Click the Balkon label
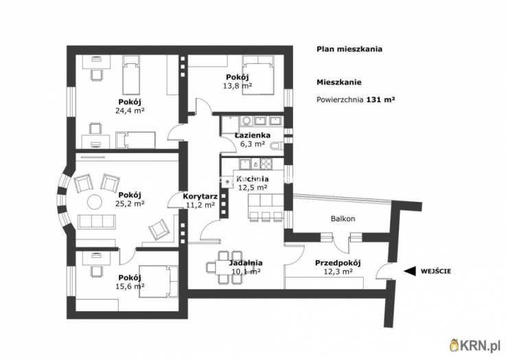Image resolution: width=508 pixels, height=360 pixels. click(x=343, y=218)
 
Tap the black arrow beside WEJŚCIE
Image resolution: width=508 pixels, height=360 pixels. click(x=410, y=271)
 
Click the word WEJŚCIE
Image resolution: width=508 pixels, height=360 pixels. click(x=435, y=271)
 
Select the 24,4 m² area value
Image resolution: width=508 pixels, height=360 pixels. click(x=130, y=111)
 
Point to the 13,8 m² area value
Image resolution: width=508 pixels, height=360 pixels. click(x=238, y=86)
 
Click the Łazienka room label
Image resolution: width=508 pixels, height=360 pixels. click(x=253, y=135)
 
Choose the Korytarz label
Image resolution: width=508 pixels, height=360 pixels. click(x=200, y=196)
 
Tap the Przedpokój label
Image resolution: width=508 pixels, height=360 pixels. click(x=338, y=263)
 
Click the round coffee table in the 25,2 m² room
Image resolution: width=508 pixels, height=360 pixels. click(x=95, y=202)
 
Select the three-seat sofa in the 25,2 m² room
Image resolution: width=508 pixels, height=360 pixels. click(x=97, y=222)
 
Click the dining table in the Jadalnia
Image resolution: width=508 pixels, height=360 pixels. click(x=224, y=267)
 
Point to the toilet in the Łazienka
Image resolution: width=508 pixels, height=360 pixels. click(x=277, y=147)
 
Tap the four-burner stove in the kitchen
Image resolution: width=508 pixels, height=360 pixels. click(x=266, y=164)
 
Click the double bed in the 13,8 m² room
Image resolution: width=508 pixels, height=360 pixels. click(x=258, y=76)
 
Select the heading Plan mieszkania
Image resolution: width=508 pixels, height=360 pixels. click(x=349, y=49)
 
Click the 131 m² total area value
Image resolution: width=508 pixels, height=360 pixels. click(x=381, y=100)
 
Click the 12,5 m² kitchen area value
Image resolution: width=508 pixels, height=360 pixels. click(x=253, y=188)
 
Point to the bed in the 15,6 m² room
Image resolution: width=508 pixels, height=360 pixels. click(x=159, y=282)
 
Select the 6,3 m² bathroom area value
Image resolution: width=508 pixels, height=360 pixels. click(x=253, y=144)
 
